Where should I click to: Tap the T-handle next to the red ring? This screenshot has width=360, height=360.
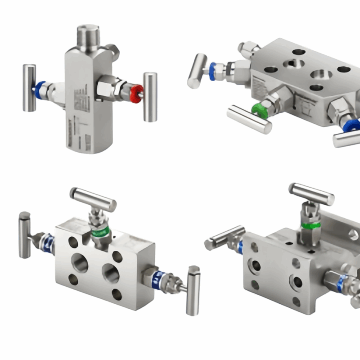tap(150, 96)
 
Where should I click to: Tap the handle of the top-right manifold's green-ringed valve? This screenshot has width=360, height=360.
tap(249, 119)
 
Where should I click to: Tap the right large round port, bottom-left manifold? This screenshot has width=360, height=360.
tap(110, 273)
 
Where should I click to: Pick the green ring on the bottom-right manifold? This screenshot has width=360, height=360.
tap(310, 225)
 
